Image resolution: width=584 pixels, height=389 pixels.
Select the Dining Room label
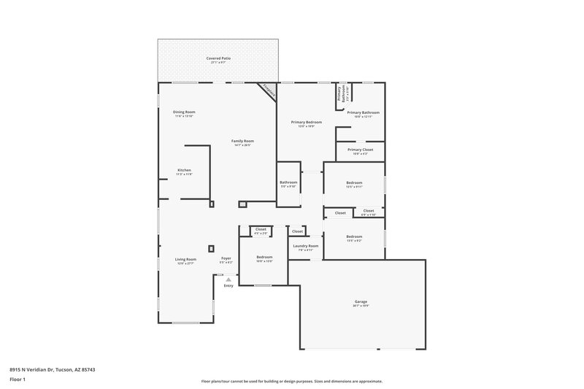pos(184,112)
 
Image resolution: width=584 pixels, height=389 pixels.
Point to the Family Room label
pos(242,141)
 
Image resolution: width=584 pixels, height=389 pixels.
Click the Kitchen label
pos(184,170)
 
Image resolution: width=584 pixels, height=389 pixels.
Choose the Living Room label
pos(185,259)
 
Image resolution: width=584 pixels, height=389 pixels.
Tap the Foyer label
pos(226,258)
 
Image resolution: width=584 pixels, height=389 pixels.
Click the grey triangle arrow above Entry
pos(228,279)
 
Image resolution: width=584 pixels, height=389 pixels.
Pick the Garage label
pos(361,301)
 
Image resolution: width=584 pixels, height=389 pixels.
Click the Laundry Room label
pos(305,246)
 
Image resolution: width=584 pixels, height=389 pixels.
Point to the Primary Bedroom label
pos(306,122)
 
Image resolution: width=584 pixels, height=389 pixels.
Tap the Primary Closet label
pos(360,150)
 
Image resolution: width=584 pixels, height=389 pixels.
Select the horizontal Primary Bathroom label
pos(363,112)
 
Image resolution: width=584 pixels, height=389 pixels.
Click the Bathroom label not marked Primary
pos(288,182)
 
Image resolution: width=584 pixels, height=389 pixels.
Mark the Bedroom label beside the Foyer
pos(264,257)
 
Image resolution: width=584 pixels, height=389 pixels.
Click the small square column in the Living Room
pos(211,248)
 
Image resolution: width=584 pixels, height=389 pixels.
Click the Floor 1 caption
pos(18,380)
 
